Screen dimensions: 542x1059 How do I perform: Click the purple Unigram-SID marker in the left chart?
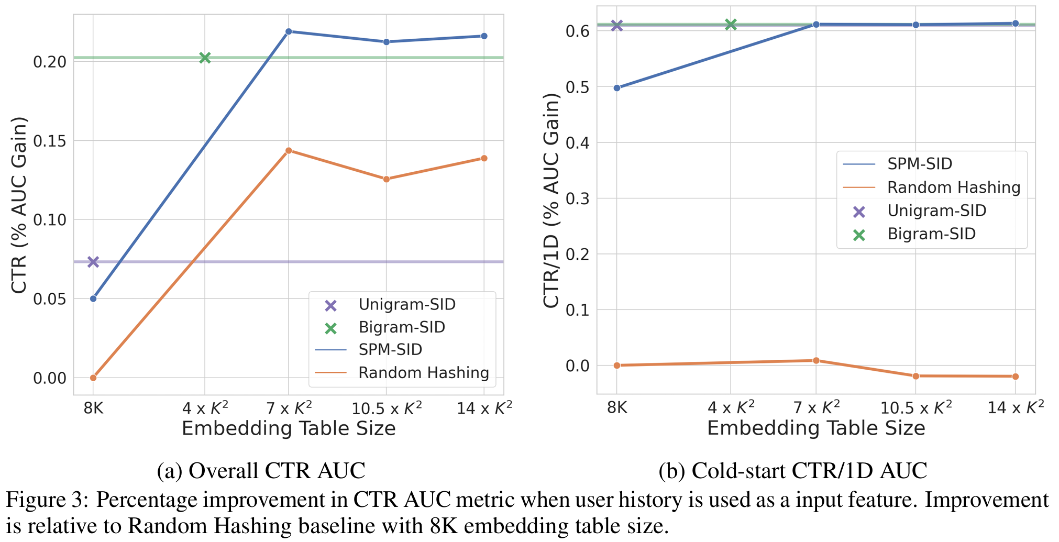[x=93, y=262]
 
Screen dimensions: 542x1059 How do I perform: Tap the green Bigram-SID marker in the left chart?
[x=205, y=58]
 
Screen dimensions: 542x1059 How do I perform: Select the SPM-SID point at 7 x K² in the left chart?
[x=289, y=31]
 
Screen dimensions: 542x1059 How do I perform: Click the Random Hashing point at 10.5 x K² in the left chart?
[x=387, y=179]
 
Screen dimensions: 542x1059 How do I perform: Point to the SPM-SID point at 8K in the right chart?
[x=617, y=88]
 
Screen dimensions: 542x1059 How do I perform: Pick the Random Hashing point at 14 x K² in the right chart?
[x=1016, y=377]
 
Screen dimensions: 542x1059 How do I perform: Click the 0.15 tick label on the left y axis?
[x=50, y=141]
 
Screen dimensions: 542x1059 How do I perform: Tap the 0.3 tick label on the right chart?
[x=577, y=198]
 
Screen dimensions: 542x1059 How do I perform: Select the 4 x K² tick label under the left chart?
[x=205, y=408]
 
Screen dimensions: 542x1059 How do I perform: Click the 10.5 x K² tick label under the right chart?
[x=916, y=407]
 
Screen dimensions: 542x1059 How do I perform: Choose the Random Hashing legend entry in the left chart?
[x=423, y=373]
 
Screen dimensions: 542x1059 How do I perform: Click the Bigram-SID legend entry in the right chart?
[x=931, y=234]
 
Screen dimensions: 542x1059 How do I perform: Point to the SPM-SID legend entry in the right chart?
[x=919, y=164]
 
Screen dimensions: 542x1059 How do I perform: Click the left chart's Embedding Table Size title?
[x=289, y=429]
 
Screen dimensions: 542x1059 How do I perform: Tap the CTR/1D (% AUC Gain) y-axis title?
[x=551, y=201]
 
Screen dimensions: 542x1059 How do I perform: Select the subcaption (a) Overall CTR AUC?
[x=261, y=470]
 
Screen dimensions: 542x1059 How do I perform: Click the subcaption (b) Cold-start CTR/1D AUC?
[x=792, y=470]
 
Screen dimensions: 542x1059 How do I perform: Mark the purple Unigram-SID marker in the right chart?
[x=617, y=25]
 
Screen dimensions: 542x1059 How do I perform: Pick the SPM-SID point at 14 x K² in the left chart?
[x=484, y=36]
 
